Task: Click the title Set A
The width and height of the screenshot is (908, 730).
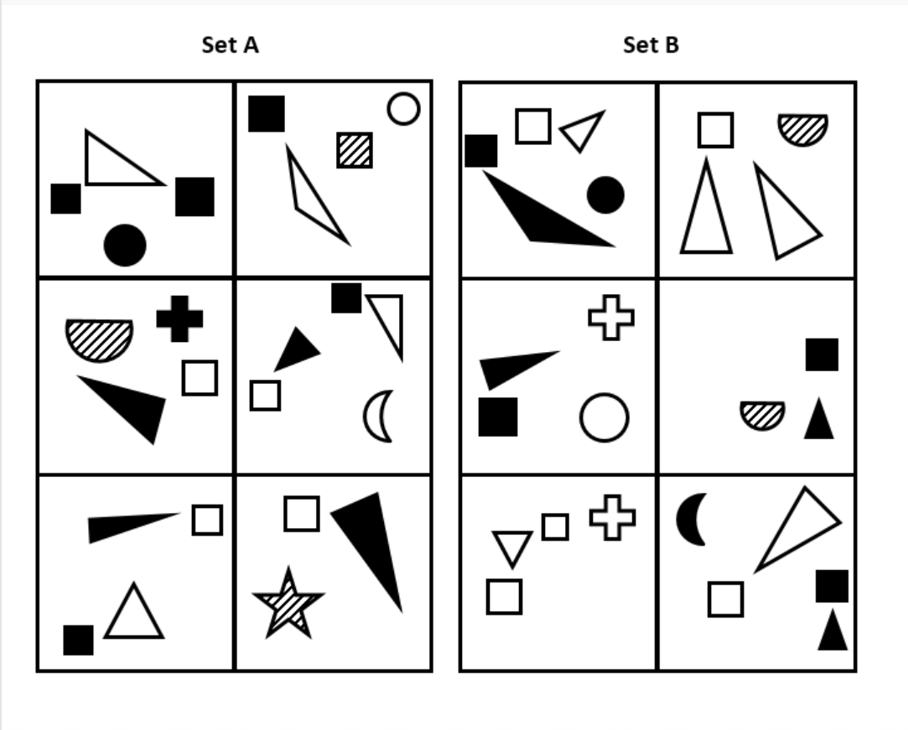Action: (230, 45)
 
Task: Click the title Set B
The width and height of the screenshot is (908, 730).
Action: (651, 45)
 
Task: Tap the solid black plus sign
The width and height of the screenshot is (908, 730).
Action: (179, 318)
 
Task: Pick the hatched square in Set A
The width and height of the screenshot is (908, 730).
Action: (355, 150)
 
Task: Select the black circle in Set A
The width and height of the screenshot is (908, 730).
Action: (125, 246)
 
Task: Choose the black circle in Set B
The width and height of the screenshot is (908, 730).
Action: (605, 195)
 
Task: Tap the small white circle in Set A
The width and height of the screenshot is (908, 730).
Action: (403, 109)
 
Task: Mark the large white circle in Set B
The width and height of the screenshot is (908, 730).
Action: (604, 417)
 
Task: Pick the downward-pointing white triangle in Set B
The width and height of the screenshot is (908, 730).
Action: (511, 547)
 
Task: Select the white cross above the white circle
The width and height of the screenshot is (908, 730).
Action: (611, 318)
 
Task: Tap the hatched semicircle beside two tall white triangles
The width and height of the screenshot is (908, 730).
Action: (802, 127)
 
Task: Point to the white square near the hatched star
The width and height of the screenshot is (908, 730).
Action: (301, 514)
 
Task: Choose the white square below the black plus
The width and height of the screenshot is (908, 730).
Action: (200, 377)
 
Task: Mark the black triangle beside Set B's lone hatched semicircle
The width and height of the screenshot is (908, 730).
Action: (819, 420)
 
